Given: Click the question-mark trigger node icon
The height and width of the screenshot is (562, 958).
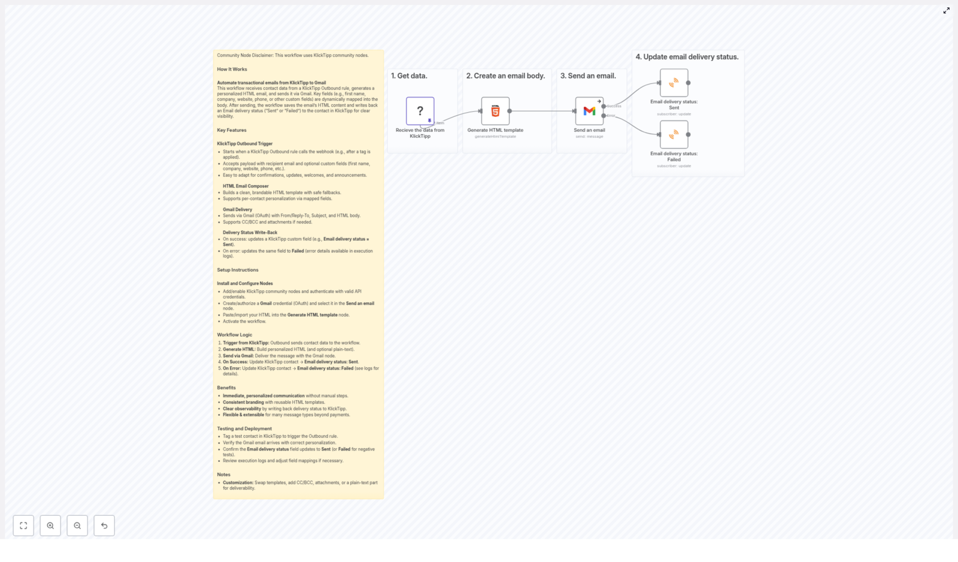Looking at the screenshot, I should [x=420, y=111].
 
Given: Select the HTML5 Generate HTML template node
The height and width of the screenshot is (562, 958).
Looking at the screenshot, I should [x=495, y=111].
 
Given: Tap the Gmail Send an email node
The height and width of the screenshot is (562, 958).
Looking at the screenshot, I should [x=589, y=111].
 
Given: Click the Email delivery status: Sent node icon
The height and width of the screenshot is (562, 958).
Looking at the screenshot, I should [x=674, y=83].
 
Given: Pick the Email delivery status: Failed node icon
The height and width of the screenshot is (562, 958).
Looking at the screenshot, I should [x=674, y=135].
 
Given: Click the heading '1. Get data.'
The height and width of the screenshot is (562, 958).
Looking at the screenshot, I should [x=409, y=76].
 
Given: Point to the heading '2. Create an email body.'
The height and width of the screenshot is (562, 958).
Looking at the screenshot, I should [x=505, y=76].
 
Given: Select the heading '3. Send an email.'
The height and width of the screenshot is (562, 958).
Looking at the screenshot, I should [x=588, y=76].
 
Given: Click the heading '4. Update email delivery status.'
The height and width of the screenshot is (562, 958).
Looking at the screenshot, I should [x=687, y=57].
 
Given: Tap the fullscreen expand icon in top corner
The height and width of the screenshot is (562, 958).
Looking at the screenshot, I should [x=946, y=11].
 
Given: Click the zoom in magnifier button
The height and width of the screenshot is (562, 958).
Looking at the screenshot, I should [x=50, y=525].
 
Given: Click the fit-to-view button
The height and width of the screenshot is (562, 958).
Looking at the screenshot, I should [x=23, y=525].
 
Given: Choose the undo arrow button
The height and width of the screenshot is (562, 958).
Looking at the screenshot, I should [x=104, y=525].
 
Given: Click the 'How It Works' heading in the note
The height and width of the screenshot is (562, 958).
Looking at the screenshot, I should [x=232, y=70].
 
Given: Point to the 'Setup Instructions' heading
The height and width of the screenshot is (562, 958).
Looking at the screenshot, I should [x=238, y=270].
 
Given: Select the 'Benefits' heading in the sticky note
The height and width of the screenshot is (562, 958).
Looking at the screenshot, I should [x=226, y=388].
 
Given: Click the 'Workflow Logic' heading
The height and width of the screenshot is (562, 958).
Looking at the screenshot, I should [x=234, y=335].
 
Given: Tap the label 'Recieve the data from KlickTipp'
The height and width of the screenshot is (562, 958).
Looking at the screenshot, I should [x=420, y=133].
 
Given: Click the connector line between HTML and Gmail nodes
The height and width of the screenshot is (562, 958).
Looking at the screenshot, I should [x=542, y=111].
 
